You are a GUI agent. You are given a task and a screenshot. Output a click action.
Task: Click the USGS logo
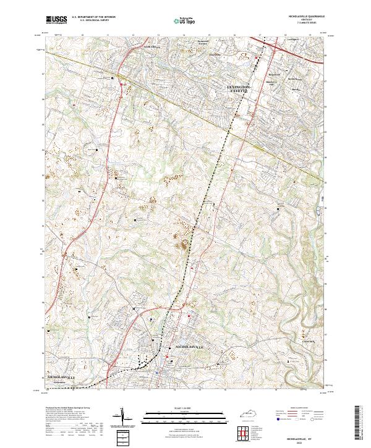[56, 20]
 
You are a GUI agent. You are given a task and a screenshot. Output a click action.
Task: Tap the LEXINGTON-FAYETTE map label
[239, 90]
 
